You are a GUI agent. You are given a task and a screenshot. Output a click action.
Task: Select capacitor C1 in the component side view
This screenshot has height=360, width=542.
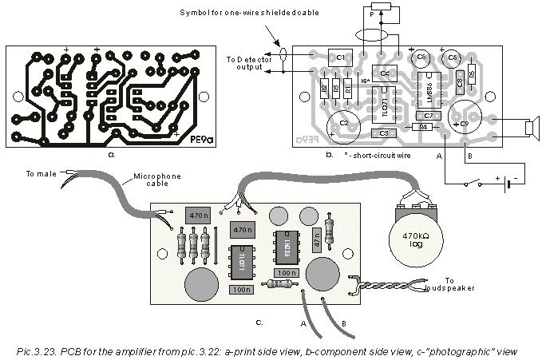pos(339,57)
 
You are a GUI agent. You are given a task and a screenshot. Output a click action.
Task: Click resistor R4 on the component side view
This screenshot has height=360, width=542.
pos(424,127)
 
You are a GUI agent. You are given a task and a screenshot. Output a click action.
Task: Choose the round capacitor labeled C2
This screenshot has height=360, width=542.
pos(344,123)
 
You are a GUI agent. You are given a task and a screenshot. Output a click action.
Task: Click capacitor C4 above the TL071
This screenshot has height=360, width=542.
pos(384,74)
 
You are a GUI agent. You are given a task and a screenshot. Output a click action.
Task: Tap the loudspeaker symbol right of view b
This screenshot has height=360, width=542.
pos(528,128)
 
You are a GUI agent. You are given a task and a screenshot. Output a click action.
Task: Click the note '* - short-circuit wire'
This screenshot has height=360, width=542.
pos(380,156)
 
